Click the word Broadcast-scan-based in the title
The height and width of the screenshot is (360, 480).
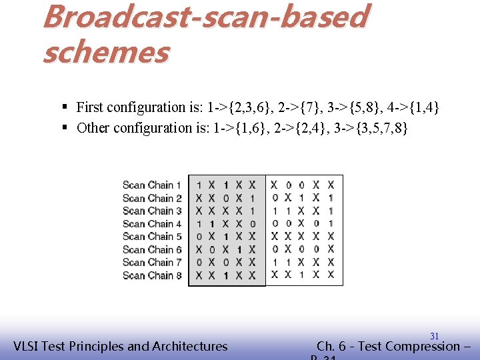click(x=204, y=17)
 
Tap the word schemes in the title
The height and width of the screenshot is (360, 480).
click(x=105, y=51)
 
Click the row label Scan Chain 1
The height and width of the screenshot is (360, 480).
click(x=152, y=185)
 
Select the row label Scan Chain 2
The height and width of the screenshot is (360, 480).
click(x=152, y=198)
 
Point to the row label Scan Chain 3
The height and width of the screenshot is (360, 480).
click(x=152, y=211)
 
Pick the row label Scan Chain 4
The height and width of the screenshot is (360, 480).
click(x=152, y=223)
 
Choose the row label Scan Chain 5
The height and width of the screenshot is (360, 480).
click(x=152, y=236)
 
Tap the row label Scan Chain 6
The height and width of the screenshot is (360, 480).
click(x=152, y=249)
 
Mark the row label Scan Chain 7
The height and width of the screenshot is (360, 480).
click(x=152, y=262)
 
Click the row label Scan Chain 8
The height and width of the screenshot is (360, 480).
click(x=152, y=275)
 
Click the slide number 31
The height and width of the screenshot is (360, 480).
click(x=434, y=336)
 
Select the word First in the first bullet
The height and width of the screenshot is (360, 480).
click(x=91, y=107)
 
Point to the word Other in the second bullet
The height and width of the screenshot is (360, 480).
click(x=93, y=128)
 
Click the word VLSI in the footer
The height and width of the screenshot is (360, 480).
click(x=29, y=346)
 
